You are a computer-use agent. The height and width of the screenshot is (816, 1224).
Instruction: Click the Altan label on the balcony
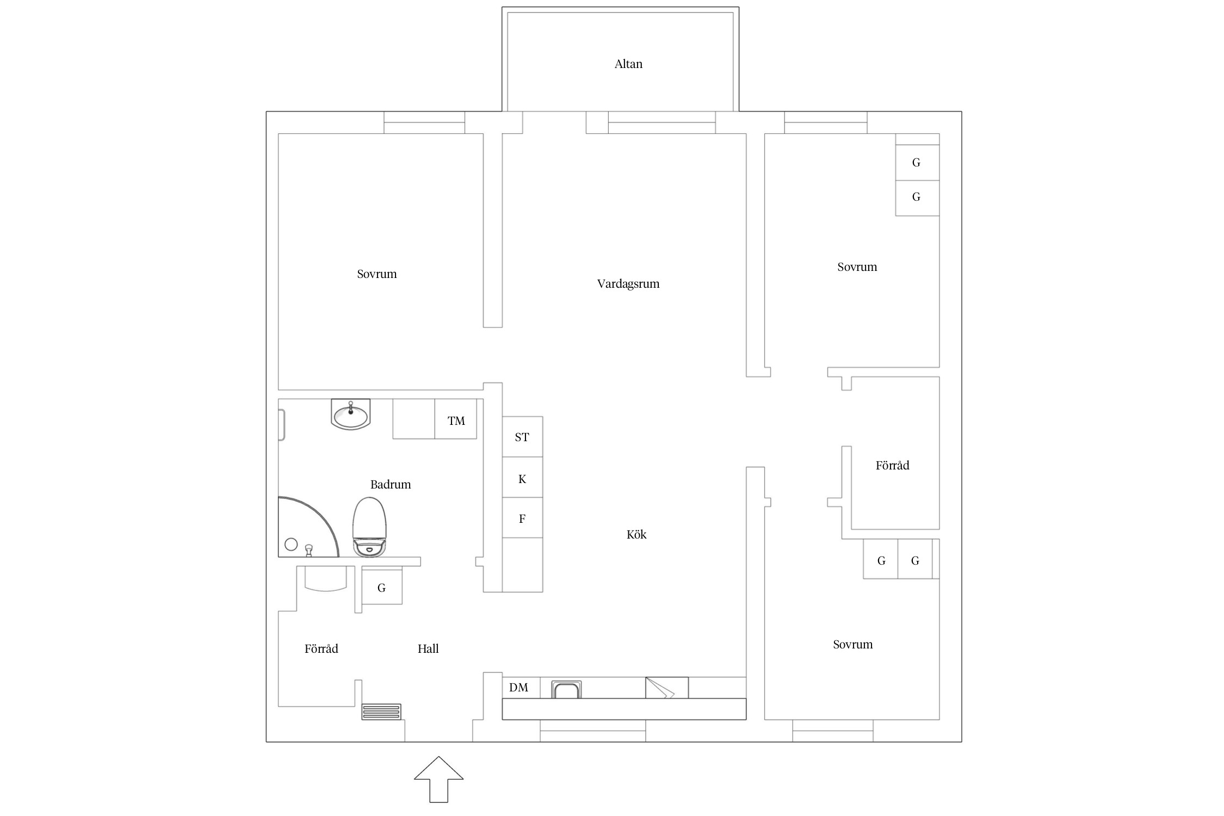click(x=628, y=64)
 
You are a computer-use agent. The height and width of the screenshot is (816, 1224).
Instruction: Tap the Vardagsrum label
click(x=628, y=284)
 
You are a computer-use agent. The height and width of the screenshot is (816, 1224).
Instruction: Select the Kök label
click(x=636, y=534)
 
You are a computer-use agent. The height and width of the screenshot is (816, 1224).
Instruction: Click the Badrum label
click(x=391, y=484)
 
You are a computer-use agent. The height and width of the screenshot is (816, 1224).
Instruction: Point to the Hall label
click(x=428, y=648)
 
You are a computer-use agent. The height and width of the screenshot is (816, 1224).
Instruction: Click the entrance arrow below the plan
click(x=438, y=779)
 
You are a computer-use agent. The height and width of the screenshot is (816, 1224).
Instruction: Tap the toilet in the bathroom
click(x=369, y=527)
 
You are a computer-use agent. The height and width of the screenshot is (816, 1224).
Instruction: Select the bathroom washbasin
click(x=350, y=415)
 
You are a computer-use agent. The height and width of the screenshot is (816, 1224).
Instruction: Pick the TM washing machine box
click(x=456, y=419)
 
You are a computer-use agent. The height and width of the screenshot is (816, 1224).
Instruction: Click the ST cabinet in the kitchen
click(x=522, y=437)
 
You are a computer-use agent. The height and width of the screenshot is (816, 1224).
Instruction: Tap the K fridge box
click(x=522, y=477)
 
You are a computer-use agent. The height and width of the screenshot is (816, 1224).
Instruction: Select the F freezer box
click(x=522, y=517)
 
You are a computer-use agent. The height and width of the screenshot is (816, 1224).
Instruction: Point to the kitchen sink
click(x=567, y=689)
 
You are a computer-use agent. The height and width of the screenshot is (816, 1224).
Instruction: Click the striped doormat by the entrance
click(x=381, y=712)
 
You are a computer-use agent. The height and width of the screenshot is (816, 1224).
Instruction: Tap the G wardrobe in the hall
click(x=382, y=587)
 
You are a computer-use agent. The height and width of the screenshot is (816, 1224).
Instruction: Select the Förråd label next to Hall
click(x=322, y=648)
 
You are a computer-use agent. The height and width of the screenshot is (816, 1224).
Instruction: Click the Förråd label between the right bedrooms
click(x=893, y=465)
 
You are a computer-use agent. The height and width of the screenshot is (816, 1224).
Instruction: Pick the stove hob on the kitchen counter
click(x=667, y=688)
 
